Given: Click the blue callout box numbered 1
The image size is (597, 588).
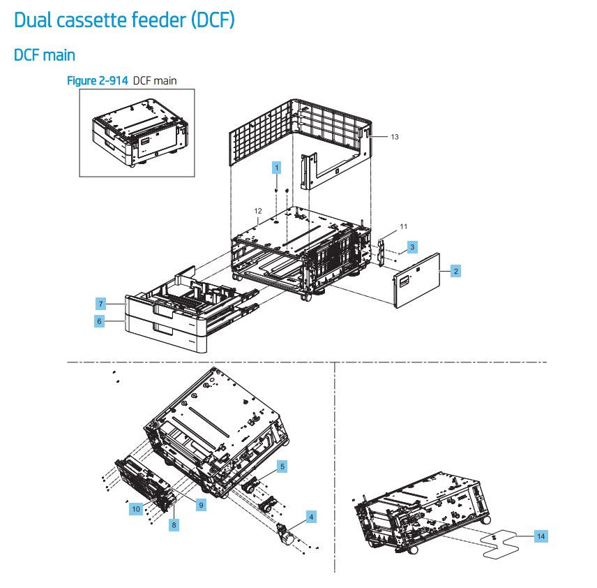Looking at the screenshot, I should [277, 168].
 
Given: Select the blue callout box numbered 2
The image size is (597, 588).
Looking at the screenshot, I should [455, 271].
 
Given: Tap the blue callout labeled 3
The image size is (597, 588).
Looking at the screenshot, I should [413, 247].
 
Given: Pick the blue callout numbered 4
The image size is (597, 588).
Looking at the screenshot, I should [311, 517].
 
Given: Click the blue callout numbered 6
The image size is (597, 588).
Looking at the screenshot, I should [100, 321].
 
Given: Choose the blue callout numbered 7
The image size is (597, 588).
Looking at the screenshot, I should [100, 304].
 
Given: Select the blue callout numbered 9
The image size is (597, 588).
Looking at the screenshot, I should [200, 504].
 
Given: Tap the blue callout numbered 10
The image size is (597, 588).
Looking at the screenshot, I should [136, 509].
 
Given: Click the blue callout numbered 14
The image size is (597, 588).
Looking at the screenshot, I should [541, 536].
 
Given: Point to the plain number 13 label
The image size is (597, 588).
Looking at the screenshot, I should [394, 137].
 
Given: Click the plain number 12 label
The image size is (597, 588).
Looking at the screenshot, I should [257, 210].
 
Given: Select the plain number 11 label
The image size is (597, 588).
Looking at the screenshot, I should [403, 227].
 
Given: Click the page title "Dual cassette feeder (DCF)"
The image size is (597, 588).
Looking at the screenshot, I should [124, 20].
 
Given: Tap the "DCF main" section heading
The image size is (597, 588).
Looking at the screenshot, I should [45, 54].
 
